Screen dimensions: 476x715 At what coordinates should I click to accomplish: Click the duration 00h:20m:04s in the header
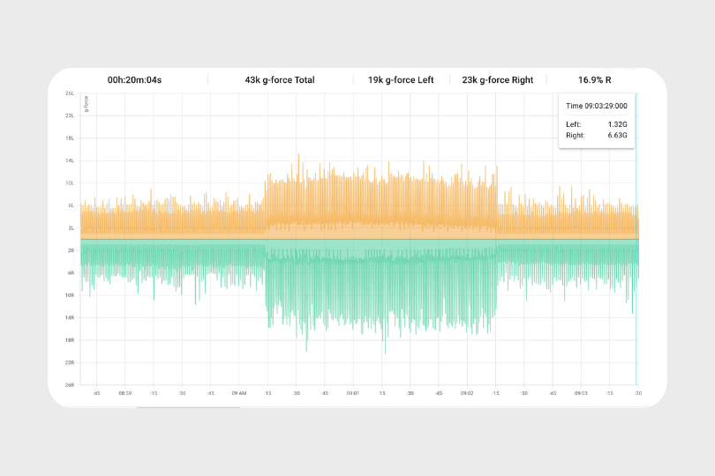[134, 80]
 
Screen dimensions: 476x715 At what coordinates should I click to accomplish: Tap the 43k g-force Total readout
[280, 80]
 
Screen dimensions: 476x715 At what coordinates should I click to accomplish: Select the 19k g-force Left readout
[401, 80]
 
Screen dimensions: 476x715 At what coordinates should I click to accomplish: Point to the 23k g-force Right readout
[497, 80]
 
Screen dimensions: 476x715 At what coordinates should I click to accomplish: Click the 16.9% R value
[596, 80]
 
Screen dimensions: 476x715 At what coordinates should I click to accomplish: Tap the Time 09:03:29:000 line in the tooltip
[596, 106]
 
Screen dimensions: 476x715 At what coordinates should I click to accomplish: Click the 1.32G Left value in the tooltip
[618, 124]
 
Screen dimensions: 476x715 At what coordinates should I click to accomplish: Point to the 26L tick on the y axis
[69, 93]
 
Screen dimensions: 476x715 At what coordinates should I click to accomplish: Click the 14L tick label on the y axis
[69, 160]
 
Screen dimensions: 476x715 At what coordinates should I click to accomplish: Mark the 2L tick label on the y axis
[69, 228]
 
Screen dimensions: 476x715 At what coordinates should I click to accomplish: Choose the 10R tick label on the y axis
[69, 295]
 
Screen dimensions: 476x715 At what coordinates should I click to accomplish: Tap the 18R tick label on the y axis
[69, 340]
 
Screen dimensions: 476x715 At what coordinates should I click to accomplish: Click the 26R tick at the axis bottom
[69, 385]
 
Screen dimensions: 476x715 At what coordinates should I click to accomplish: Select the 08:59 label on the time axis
[124, 393]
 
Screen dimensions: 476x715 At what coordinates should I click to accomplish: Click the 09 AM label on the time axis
[238, 393]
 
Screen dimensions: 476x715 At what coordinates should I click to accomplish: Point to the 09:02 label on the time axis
[466, 393]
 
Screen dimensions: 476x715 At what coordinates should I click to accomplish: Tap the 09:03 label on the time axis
[580, 393]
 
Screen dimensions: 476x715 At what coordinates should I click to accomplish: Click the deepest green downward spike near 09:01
[384, 352]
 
